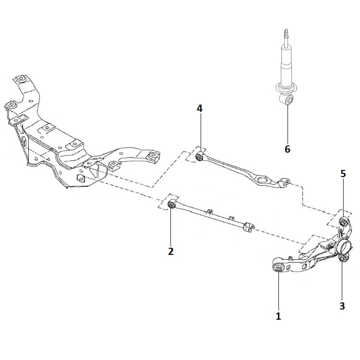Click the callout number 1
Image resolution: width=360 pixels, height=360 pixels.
pos(278,316)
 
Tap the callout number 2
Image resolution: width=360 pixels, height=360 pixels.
pos(171,251)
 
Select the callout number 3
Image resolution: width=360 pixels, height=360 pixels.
pos(342,306)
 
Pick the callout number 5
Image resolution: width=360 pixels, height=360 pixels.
pos(343,174)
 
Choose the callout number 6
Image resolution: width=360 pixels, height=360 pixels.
pos(287,149)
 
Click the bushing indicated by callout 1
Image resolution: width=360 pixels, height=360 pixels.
pos(278,268)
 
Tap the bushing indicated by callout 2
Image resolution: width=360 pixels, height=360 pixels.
pos(172,205)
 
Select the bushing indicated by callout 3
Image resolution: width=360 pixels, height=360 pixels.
pos(342,258)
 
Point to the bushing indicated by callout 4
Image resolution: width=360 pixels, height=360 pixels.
pos(200,157)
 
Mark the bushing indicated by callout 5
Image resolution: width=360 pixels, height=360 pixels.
pos(343,220)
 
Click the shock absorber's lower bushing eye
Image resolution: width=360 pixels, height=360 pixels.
pos(288,100)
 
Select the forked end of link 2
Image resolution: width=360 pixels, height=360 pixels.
pos(249,227)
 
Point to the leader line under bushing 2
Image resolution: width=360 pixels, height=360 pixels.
pos(171,227)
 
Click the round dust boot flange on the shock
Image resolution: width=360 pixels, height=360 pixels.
pos(287,87)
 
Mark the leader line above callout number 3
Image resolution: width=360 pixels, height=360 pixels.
pos(342,281)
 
